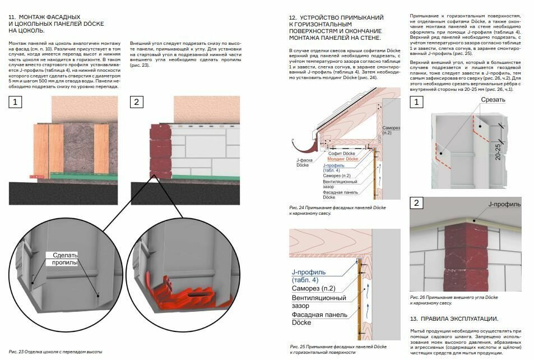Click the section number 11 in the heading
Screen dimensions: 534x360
click(12, 17)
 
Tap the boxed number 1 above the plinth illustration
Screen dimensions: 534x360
click(15, 102)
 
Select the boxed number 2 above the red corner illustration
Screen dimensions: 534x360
click(136, 102)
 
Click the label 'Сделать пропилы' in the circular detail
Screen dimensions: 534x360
click(65, 259)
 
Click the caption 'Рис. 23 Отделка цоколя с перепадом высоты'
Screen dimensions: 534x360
click(55, 352)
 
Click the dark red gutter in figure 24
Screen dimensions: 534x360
click(302, 145)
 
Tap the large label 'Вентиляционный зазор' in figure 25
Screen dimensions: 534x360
click(319, 302)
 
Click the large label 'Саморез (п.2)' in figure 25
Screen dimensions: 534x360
click(313, 288)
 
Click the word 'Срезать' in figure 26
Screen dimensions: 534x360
click(493, 100)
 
